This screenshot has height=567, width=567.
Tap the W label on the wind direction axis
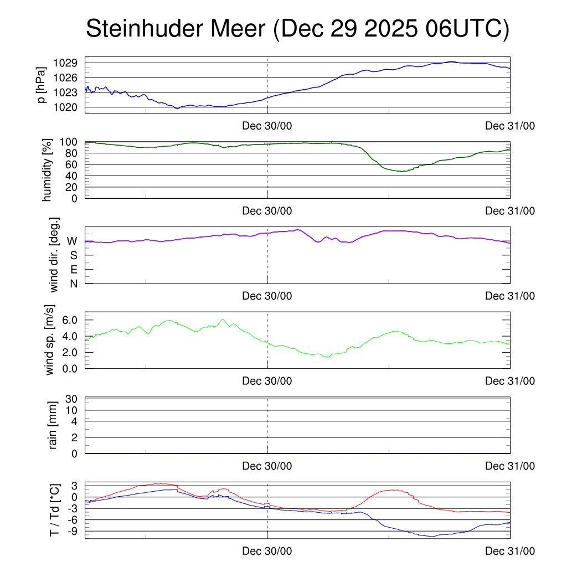coord(72,241)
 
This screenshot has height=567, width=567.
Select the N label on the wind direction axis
coord(73,283)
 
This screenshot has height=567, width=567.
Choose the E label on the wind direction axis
coord(73,270)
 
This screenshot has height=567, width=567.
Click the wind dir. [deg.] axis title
coord(54,255)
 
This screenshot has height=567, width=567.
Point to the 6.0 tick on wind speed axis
coord(69,320)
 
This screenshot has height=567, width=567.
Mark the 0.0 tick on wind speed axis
coord(69,368)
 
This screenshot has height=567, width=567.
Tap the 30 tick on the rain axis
coord(72,399)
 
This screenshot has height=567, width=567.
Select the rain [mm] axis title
coord(54,425)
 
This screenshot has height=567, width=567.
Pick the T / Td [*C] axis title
coord(54,509)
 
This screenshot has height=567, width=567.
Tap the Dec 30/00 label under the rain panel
coord(267,466)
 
